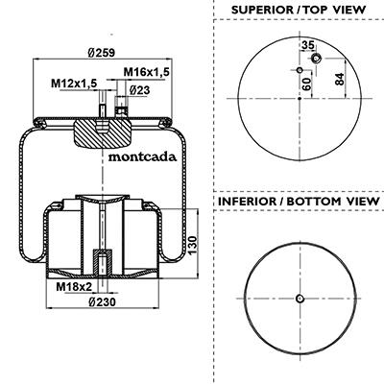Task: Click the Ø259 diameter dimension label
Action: [101, 53]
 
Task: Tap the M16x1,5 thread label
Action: [146, 72]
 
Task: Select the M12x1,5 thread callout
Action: [74, 84]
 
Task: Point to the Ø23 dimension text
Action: [140, 90]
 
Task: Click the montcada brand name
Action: [142, 156]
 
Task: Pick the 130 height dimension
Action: [193, 245]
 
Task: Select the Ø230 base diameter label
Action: [102, 301]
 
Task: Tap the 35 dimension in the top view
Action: [308, 45]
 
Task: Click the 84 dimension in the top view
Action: [339, 79]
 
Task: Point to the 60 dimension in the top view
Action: [306, 84]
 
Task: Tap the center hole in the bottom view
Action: [300, 299]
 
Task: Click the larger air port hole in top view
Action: [316, 59]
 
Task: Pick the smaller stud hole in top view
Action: [300, 70]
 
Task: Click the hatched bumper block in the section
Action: [103, 133]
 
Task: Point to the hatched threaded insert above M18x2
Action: [102, 262]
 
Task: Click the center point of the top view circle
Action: [300, 99]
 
